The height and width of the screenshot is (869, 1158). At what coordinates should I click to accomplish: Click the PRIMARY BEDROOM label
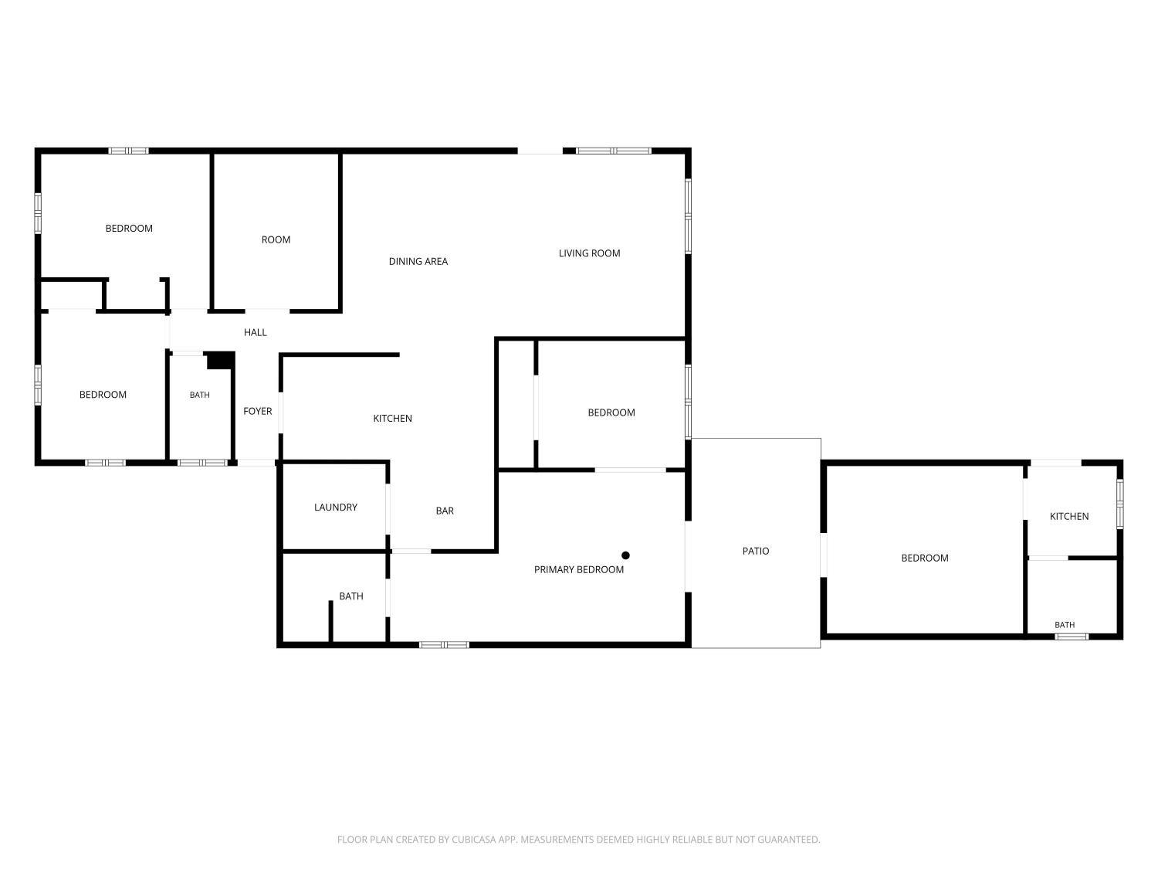[x=578, y=569]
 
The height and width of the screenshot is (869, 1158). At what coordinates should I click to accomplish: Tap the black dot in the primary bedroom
[x=625, y=555]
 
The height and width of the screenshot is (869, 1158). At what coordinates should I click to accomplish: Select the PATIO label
[x=756, y=551]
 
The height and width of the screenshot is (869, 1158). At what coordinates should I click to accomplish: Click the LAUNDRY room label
[x=336, y=507]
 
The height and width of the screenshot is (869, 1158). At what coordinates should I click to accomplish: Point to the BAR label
[x=445, y=511]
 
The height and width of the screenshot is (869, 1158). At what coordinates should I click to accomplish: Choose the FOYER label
[x=257, y=411]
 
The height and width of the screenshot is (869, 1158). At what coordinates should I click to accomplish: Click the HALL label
[x=256, y=332]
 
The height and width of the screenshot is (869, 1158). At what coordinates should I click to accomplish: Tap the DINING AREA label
[x=418, y=261]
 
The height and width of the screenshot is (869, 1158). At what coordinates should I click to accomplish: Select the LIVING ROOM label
[x=589, y=253]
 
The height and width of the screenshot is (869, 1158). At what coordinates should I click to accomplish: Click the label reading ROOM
[x=276, y=239]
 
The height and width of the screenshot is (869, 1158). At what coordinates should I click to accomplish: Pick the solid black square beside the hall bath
[x=221, y=361]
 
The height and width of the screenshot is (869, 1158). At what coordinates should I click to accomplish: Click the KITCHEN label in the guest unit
[x=1069, y=516]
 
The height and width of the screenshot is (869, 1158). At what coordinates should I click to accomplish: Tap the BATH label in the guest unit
[x=1064, y=625]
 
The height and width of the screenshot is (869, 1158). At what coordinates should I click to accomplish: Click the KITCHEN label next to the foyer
[x=392, y=419]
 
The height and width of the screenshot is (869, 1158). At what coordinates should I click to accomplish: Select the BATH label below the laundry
[x=350, y=596]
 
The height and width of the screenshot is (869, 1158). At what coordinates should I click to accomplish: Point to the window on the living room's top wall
[x=613, y=151]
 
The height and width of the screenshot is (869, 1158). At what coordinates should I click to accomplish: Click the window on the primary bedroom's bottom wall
[x=444, y=645]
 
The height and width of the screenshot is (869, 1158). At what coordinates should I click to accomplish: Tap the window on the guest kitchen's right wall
[x=1119, y=504]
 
